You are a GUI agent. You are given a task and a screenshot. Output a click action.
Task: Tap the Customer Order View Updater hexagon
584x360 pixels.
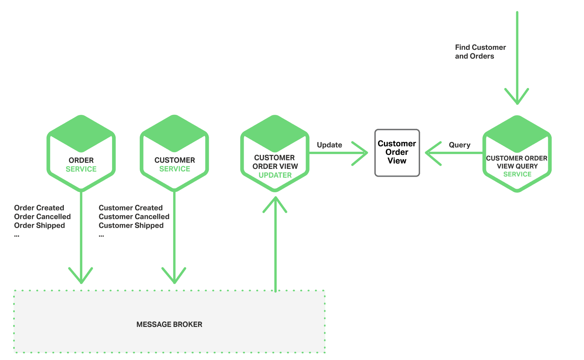pyautogui.click(x=275, y=153)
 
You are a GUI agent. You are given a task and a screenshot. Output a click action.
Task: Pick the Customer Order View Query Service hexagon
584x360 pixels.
pyautogui.click(x=517, y=154)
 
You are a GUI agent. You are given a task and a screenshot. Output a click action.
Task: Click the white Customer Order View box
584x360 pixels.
pyautogui.click(x=397, y=153)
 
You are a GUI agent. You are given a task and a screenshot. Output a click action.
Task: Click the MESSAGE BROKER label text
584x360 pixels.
pyautogui.click(x=169, y=324)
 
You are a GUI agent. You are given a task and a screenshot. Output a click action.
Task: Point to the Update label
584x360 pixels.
pyautogui.click(x=329, y=145)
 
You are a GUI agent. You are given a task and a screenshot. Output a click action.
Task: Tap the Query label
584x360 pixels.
pyautogui.click(x=459, y=145)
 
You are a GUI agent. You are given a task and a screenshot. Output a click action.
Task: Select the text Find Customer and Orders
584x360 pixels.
pyautogui.click(x=480, y=52)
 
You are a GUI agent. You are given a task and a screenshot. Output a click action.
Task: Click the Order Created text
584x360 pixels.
pyautogui.click(x=39, y=208)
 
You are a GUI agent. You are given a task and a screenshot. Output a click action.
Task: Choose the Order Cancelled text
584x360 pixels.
pyautogui.click(x=42, y=217)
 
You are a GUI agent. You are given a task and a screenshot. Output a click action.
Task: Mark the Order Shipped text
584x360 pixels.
pyautogui.click(x=39, y=226)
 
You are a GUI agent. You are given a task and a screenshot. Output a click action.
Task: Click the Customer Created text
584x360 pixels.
pyautogui.click(x=130, y=208)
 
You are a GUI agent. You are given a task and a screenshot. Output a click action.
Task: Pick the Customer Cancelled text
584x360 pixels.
pyautogui.click(x=134, y=217)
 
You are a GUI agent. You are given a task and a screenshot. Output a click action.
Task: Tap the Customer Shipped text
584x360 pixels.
pyautogui.click(x=131, y=226)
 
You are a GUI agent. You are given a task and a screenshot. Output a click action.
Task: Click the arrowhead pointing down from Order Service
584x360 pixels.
pyautogui.click(x=81, y=277)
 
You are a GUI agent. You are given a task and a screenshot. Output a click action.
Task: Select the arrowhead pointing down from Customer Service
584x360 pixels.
pyautogui.click(x=174, y=277)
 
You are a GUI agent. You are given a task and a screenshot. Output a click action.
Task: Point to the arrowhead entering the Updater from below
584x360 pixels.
pyautogui.click(x=275, y=203)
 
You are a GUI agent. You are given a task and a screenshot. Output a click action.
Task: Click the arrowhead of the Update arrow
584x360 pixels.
pyautogui.click(x=362, y=153)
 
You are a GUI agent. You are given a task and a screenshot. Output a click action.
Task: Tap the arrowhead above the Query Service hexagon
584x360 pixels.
pyautogui.click(x=517, y=98)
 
